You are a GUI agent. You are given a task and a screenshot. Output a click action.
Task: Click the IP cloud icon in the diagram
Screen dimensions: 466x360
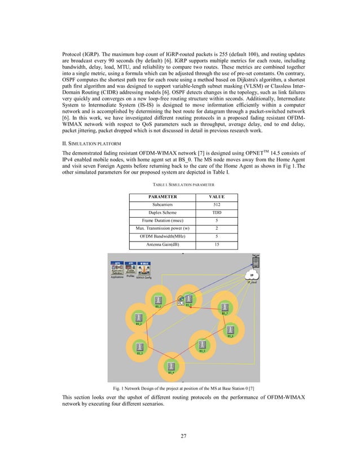(252, 275)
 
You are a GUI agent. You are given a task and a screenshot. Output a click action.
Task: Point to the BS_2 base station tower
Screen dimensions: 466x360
(138, 316)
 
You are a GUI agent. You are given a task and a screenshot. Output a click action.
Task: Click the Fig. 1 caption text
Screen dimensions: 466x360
(179, 389)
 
